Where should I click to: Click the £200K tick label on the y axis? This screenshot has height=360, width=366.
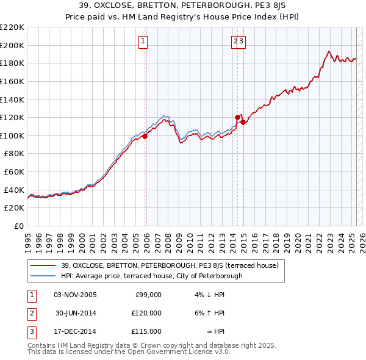pyautogui.click(x=12, y=45)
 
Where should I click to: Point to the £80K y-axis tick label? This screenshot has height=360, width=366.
pyautogui.click(x=14, y=154)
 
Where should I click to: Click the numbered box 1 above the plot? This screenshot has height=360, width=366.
pyautogui.click(x=143, y=41)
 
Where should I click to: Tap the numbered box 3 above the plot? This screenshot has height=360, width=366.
pyautogui.click(x=242, y=41)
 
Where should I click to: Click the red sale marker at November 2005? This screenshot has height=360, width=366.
pyautogui.click(x=145, y=137)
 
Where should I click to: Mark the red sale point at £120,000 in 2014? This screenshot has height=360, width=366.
pyautogui.click(x=238, y=117)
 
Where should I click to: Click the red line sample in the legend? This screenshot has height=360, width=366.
pyautogui.click(x=43, y=265)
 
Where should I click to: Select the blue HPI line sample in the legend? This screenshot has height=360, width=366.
pyautogui.click(x=43, y=276)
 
